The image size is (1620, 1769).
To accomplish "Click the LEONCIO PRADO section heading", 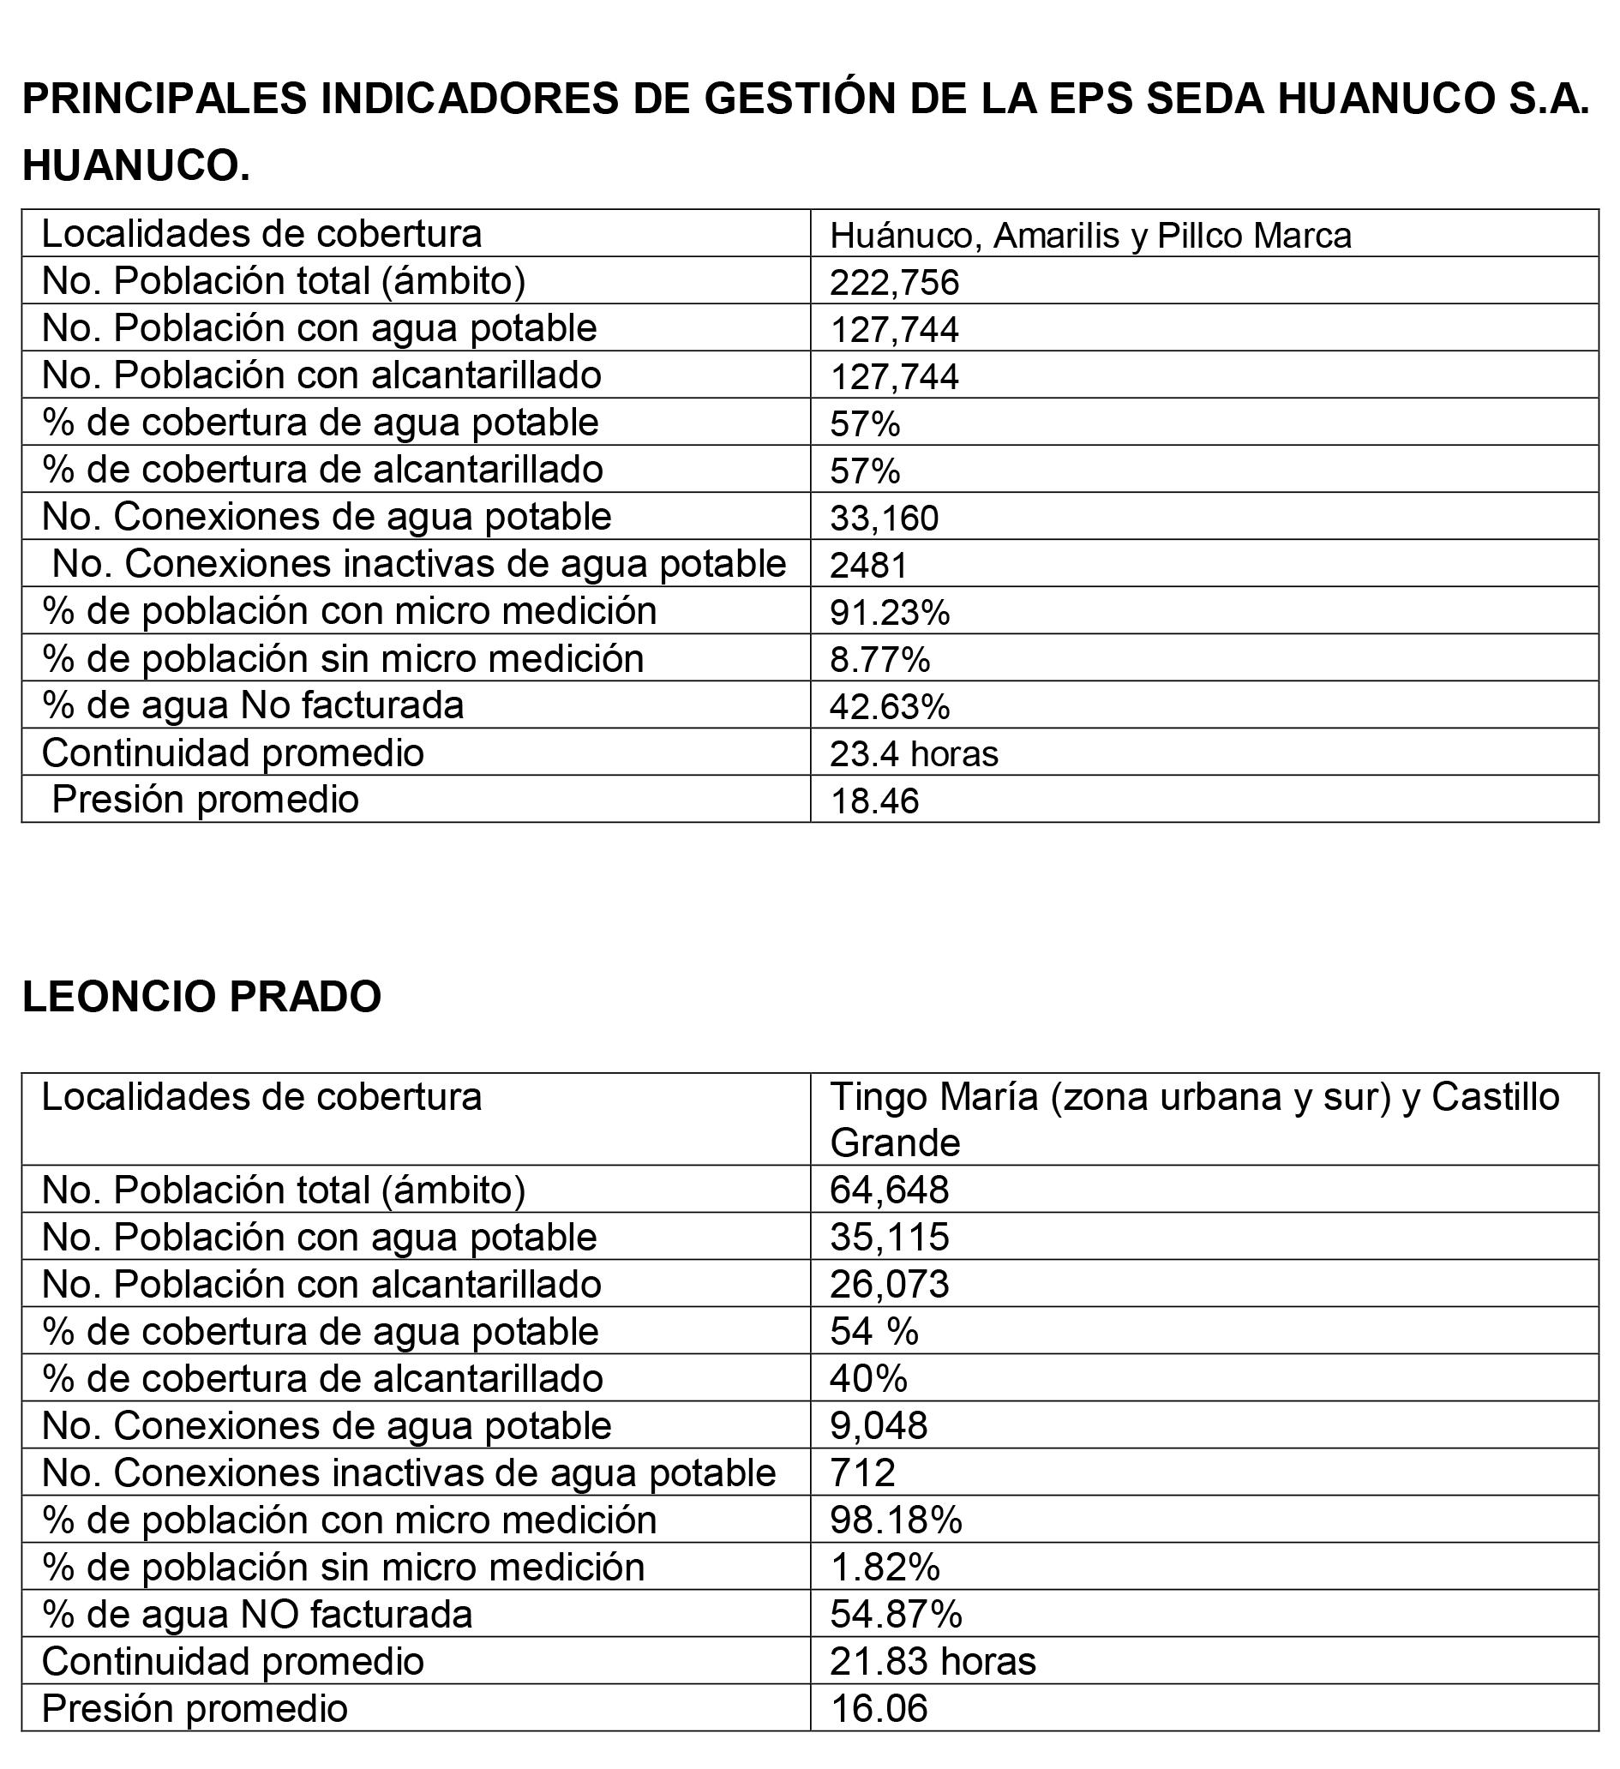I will tap(201, 997).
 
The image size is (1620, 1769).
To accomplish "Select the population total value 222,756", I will tap(894, 283).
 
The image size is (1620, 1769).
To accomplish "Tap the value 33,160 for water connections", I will tap(884, 519).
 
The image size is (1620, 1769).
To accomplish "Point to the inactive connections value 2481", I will tap(868, 565).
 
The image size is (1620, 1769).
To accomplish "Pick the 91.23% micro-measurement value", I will tap(889, 613).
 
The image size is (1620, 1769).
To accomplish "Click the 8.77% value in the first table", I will tap(879, 659).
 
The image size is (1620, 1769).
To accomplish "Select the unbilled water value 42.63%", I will tap(889, 706).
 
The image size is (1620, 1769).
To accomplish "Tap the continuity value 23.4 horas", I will tap(914, 753).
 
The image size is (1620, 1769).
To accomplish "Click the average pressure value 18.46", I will tap(874, 801).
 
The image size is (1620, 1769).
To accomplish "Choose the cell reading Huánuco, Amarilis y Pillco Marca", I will tap(1090, 235).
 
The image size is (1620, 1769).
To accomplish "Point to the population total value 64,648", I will tap(889, 1190).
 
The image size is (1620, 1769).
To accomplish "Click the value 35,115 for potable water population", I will tap(889, 1238).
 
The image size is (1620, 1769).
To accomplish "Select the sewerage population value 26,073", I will tap(889, 1285).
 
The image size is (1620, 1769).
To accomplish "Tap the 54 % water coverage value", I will tap(874, 1332).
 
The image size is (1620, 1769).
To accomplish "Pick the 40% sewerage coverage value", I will tap(868, 1378).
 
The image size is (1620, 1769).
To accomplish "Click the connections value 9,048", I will tap(879, 1426).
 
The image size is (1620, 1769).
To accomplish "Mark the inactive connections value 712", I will tap(861, 1473).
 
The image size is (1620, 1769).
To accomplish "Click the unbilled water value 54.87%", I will tap(895, 1615).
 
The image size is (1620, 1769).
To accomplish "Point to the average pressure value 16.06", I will tap(879, 1708).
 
